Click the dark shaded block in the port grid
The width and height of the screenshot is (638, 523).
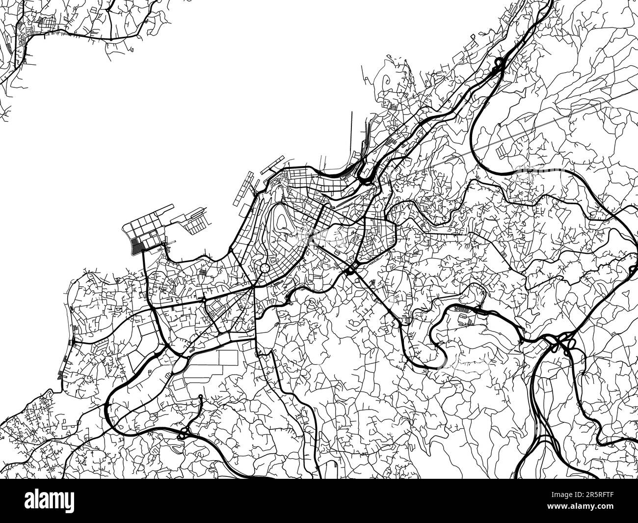[138, 245]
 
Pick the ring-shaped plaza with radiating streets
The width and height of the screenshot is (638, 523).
[265, 268]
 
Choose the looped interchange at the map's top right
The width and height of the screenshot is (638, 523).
[499, 65]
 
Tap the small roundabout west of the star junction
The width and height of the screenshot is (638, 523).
[204, 298]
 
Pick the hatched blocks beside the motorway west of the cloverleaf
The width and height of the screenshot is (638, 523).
[463, 309]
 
